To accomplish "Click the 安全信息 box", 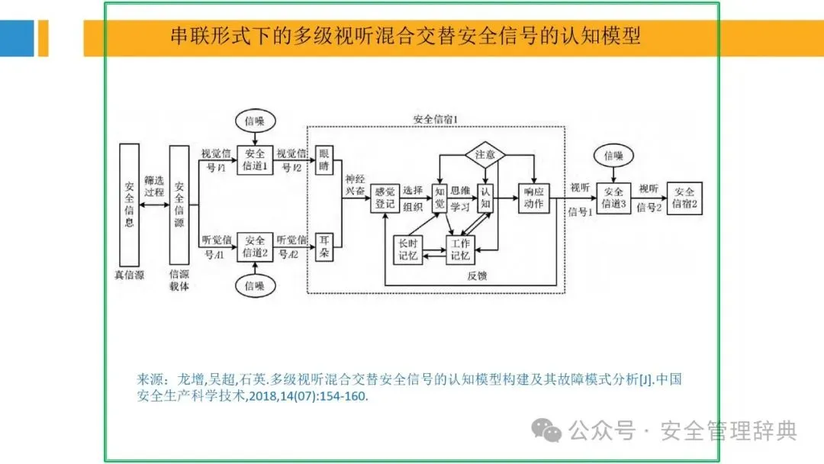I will [x=129, y=205].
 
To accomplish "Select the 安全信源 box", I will [x=179, y=205].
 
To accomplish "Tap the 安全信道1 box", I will [x=255, y=159].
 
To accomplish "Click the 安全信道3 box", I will [x=613, y=198].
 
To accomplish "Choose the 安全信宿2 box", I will [x=684, y=198].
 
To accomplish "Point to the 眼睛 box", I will [x=326, y=159].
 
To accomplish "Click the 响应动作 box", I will [x=534, y=198].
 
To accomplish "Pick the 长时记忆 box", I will [x=406, y=250].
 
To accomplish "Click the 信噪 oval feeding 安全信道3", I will [x=613, y=155].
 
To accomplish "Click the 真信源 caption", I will [x=129, y=275].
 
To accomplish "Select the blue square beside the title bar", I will [x=17, y=38].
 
